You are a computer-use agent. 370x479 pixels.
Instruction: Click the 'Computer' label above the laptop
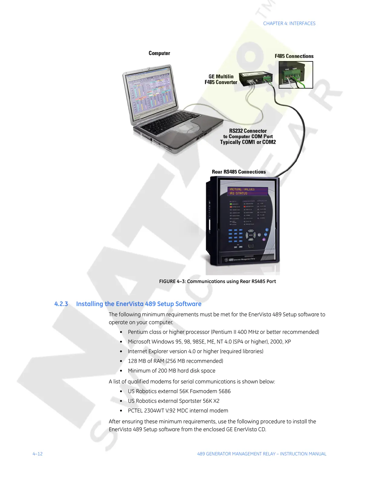click(159, 53)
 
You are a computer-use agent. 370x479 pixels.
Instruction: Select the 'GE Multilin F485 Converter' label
click(221, 80)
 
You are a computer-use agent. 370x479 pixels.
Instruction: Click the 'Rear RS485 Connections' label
click(239, 172)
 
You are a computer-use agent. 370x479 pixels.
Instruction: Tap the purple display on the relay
click(248, 191)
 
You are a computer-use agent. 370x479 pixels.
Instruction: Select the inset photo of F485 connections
click(296, 75)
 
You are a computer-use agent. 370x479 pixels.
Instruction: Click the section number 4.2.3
click(61, 304)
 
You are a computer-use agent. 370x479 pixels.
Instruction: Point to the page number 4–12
click(38, 454)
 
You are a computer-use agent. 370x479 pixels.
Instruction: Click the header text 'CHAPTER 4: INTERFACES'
click(289, 24)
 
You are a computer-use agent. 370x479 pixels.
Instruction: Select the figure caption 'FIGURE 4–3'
click(172, 282)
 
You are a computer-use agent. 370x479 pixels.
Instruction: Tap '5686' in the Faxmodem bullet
click(225, 391)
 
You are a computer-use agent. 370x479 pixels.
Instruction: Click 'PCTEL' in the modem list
click(135, 411)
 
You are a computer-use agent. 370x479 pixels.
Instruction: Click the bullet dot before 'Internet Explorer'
click(121, 352)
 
